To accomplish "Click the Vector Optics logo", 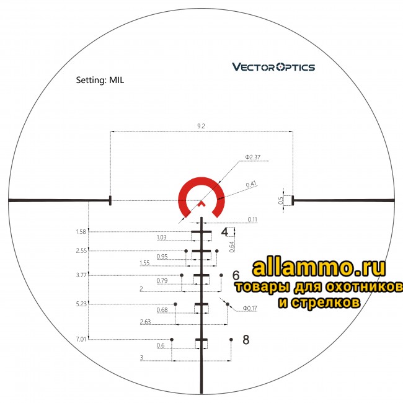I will tap(273, 67).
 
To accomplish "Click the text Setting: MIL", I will tap(100, 81).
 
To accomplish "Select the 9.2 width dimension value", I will tap(201, 126).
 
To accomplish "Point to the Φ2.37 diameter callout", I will tap(254, 157).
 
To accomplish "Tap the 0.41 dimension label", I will tap(251, 184).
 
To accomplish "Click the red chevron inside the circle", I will tap(201, 203).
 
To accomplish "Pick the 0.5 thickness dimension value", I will tap(280, 200).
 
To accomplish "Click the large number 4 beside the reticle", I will tap(224, 232).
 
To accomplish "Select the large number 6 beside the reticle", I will tap(236, 275).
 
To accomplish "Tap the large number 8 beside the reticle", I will tap(246, 339).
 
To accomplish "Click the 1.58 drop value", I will tap(81, 232).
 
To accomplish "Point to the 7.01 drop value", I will tap(81, 339).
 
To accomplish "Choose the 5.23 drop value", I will tap(81, 304).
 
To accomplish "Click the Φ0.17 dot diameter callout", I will tap(250, 308).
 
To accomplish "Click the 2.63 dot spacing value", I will tap(146, 321).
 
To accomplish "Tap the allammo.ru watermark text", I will tap(319, 268).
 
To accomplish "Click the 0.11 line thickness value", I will tap(252, 219).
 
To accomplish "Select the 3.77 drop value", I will tap(81, 275).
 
